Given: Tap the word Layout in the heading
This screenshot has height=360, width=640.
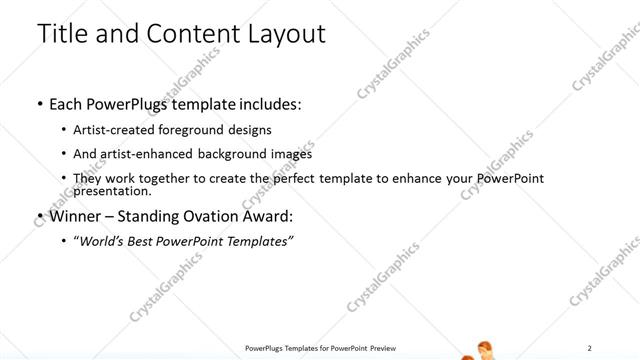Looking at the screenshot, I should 283,33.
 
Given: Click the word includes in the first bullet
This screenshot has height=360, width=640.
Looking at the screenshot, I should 265,103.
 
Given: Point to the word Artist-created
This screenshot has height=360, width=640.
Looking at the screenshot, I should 112,130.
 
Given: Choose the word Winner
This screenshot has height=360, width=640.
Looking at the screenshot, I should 75,216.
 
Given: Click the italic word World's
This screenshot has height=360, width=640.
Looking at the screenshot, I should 104,241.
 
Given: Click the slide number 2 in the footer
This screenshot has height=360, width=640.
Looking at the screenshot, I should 590,347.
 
